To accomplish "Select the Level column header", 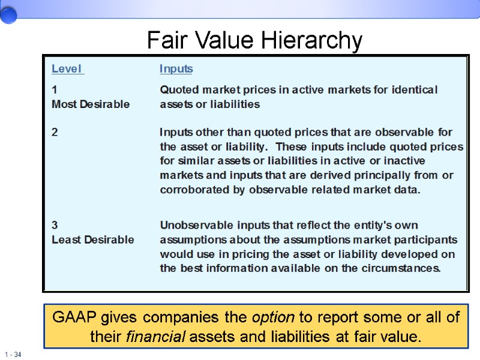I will pyautogui.click(x=67, y=69).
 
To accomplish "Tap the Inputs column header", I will pyautogui.click(x=176, y=69).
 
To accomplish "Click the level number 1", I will pyautogui.click(x=55, y=90).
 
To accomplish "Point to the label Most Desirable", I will pyautogui.click(x=91, y=104).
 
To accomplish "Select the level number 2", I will pyautogui.click(x=55, y=133).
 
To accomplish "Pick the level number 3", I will pyautogui.click(x=55, y=226).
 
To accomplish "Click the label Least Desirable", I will pyautogui.click(x=93, y=240).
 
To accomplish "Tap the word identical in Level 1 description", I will pyautogui.click(x=415, y=90).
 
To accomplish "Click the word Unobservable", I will pyautogui.click(x=194, y=226).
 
